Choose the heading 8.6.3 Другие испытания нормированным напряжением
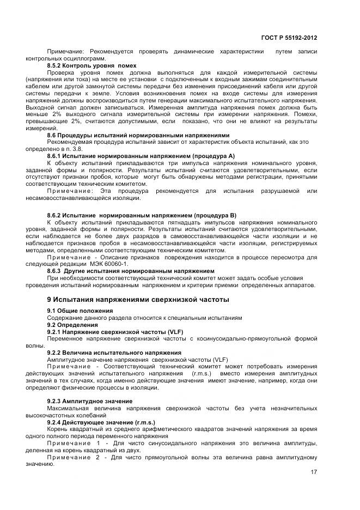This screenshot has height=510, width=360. [x=131, y=271]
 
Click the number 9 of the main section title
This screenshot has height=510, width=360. [x=49, y=300]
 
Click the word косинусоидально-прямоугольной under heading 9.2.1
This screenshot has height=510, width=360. [x=253, y=338]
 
